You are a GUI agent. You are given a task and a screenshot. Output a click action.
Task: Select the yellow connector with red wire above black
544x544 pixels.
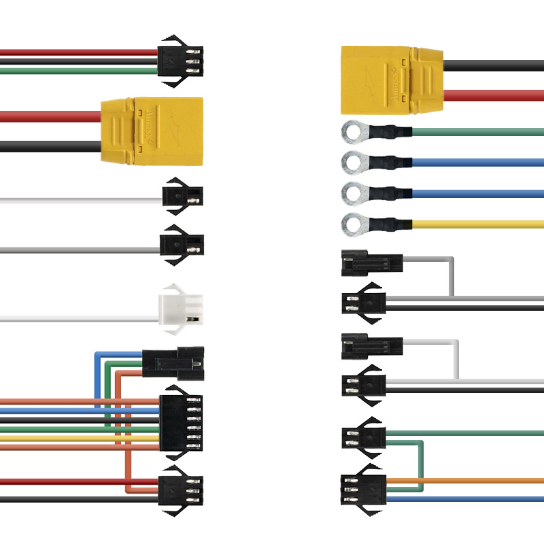click(152, 131)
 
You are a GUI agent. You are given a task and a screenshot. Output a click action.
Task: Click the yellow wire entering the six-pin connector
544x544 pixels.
click(68, 439)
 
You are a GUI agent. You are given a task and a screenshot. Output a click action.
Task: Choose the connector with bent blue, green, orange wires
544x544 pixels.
click(173, 364)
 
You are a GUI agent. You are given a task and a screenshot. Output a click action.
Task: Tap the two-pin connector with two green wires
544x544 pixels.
click(363, 438)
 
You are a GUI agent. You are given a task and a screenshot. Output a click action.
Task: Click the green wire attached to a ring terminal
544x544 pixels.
click(476, 131)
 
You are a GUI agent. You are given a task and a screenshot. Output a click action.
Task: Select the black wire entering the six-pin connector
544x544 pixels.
click(68, 420)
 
